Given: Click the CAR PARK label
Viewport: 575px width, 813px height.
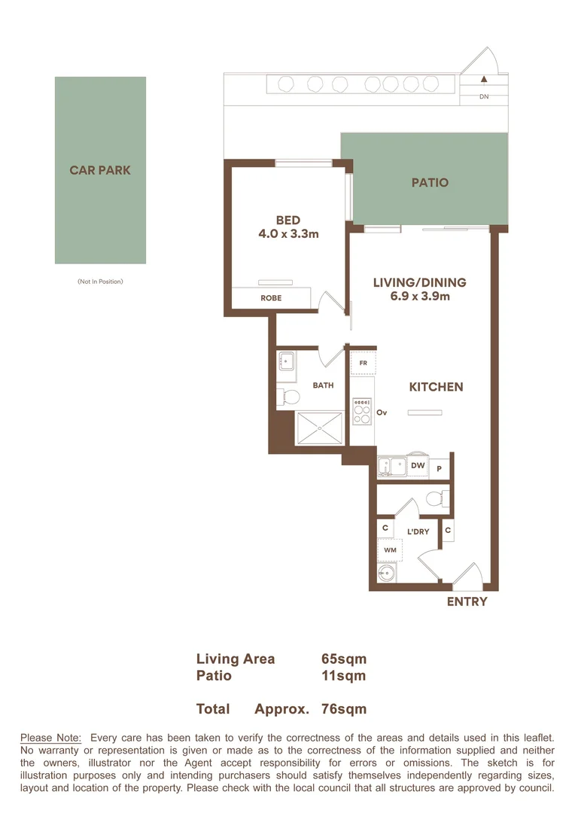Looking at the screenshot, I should (100, 170).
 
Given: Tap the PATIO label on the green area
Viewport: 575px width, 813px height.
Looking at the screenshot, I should (430, 182).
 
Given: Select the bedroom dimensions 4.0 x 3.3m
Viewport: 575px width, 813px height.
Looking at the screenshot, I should (288, 234).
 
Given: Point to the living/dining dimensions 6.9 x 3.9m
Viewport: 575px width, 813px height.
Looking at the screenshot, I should (420, 296).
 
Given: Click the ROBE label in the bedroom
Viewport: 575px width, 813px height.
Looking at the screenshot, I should (271, 298).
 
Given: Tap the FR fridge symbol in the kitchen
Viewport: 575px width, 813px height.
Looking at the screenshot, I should (364, 363).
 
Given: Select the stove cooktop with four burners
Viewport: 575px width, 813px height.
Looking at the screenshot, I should (362, 411).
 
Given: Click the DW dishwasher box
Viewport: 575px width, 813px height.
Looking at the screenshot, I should (418, 467).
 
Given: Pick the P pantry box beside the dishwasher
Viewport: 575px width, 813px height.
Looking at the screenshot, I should (440, 468).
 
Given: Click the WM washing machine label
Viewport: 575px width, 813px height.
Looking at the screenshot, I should (390, 550).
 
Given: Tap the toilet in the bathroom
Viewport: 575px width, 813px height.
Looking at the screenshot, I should (285, 396).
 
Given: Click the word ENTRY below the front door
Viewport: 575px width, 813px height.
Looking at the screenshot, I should (467, 601).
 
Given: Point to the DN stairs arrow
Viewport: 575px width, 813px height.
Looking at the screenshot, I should (485, 78).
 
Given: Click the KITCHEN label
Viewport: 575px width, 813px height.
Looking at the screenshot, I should (436, 387).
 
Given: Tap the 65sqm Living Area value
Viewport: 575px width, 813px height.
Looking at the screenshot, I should (343, 659).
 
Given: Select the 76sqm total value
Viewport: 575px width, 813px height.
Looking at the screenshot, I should (343, 709).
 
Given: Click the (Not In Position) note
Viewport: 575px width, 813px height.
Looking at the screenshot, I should (100, 282).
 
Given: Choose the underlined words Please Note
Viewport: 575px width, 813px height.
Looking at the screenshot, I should (50, 738).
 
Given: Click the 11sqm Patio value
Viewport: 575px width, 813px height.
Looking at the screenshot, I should (343, 676).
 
